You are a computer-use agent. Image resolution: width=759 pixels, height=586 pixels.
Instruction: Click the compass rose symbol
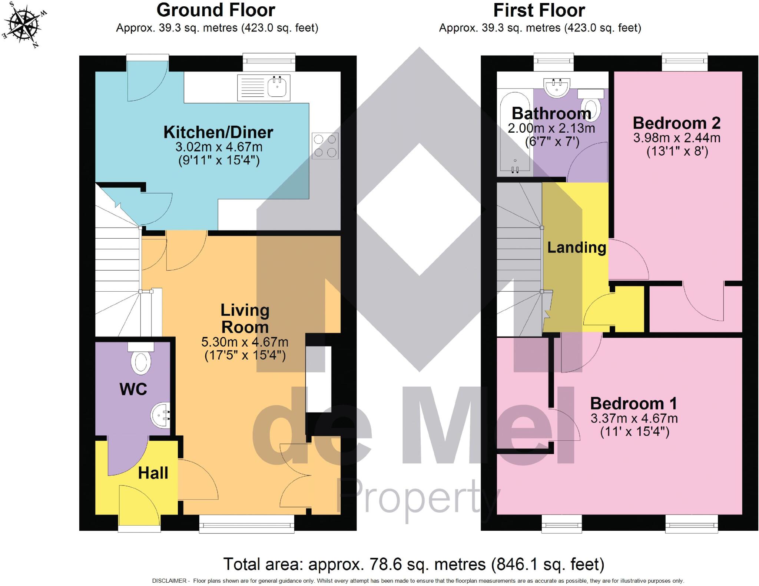coord(25,25)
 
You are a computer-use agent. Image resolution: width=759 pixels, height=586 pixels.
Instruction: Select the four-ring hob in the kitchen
coord(325,146)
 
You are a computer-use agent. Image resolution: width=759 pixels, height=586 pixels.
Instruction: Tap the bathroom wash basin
coord(557,87)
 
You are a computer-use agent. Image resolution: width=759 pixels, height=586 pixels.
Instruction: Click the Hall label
coord(153,473)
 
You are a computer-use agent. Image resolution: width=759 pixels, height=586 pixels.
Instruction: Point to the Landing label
coord(576,247)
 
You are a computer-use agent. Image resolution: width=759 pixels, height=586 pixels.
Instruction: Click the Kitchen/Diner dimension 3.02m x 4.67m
coord(219,147)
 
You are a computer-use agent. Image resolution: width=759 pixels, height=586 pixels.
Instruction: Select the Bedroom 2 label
coord(676,123)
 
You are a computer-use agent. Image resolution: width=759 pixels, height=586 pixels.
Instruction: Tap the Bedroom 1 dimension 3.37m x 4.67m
coord(634,418)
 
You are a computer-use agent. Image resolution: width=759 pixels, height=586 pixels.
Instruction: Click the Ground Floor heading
coord(216,10)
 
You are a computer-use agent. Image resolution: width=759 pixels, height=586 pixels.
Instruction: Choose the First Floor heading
coord(539,10)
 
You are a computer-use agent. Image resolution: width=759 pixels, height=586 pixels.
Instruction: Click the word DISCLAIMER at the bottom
coord(169,581)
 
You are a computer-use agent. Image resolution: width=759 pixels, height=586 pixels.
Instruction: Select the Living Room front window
coord(246,524)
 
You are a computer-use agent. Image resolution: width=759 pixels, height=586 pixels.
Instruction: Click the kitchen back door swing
coord(145,83)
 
